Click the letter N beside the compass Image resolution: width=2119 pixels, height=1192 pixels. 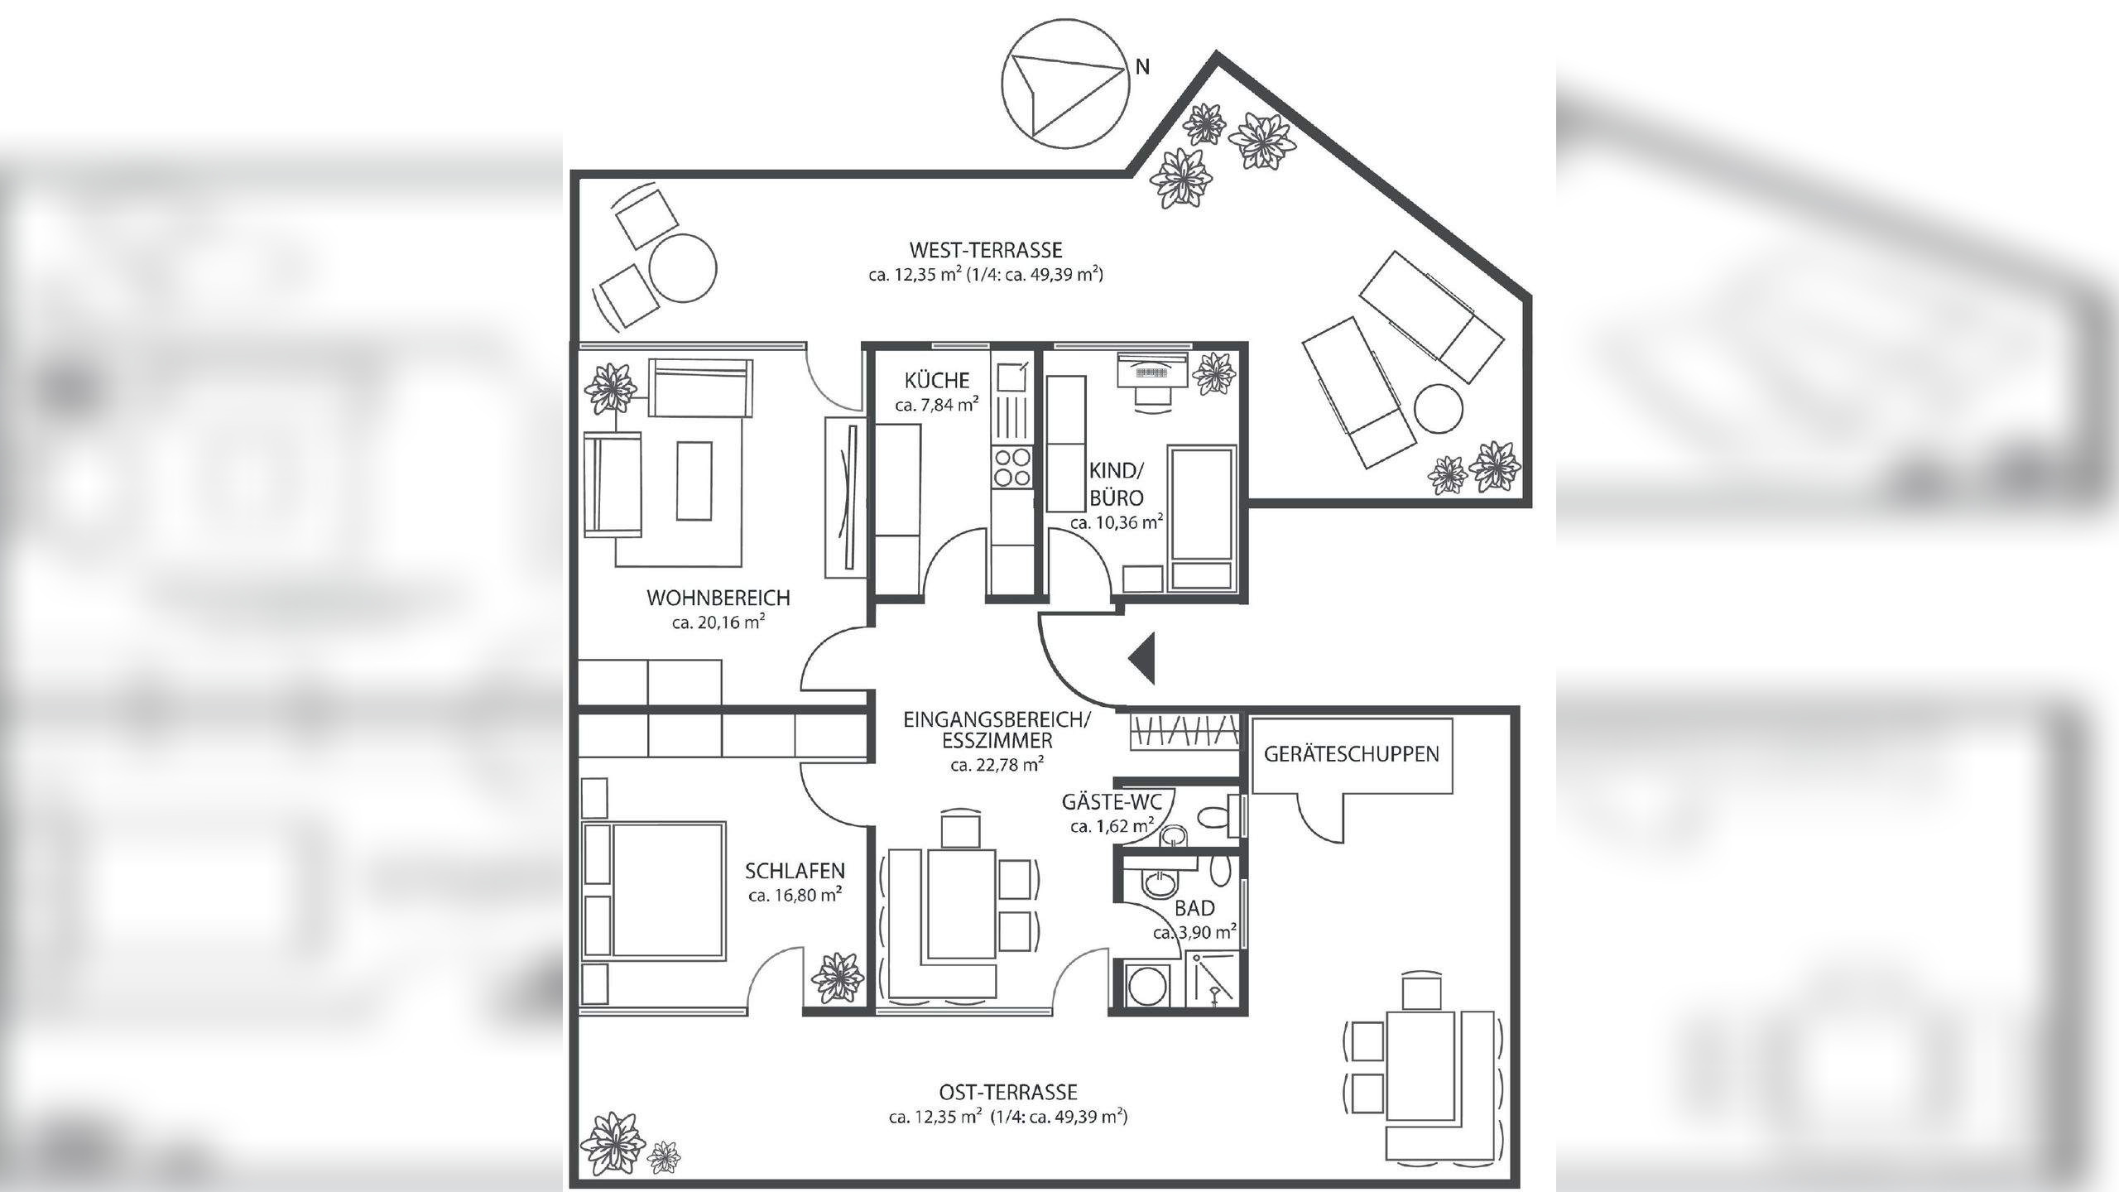click(1142, 67)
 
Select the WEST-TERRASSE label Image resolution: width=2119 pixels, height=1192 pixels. click(985, 249)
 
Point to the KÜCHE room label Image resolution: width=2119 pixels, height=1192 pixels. click(937, 381)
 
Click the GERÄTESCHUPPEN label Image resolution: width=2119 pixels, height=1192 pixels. click(1352, 754)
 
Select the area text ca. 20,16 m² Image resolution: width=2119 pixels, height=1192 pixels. click(718, 622)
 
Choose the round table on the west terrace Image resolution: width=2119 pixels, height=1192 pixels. click(682, 268)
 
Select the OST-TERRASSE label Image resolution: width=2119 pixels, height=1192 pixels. click(1008, 1093)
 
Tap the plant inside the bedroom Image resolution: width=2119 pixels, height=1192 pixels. click(838, 978)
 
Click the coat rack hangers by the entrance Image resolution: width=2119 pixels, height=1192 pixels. click(1184, 732)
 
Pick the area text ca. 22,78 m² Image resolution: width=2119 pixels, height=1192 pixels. click(997, 765)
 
